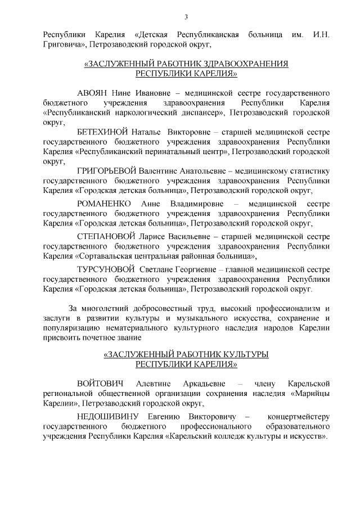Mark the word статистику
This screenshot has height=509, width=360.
coord(309,171)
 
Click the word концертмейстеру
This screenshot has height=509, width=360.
coord(299,416)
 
